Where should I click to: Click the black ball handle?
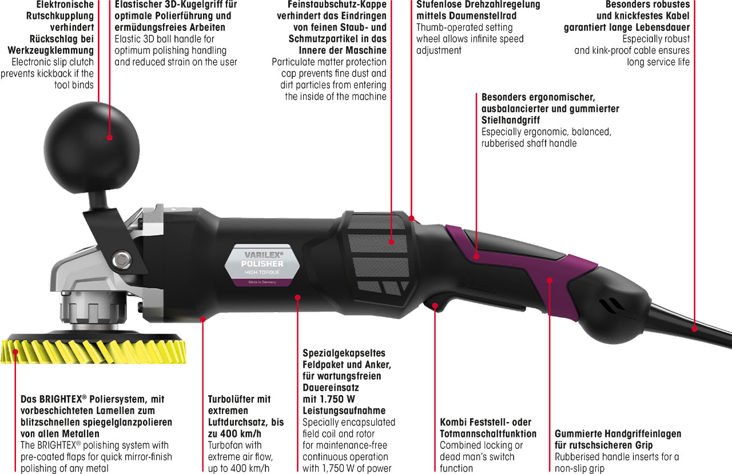[x=91, y=149]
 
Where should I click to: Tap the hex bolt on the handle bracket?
[x=121, y=260]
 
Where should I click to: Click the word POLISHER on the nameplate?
[x=262, y=264]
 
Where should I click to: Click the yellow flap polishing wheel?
[x=93, y=352]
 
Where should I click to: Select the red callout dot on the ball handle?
[x=110, y=138]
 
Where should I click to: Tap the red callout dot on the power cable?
[x=695, y=329]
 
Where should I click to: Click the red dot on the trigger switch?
[x=435, y=305]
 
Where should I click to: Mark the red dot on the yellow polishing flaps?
[x=15, y=352]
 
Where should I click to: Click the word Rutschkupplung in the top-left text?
[x=60, y=15]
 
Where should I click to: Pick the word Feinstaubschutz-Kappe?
[x=337, y=5]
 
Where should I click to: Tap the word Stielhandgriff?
[x=511, y=120]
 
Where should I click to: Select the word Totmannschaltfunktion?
[x=488, y=433]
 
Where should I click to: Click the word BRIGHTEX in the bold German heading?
[x=61, y=399]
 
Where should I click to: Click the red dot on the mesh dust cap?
[x=392, y=242]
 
